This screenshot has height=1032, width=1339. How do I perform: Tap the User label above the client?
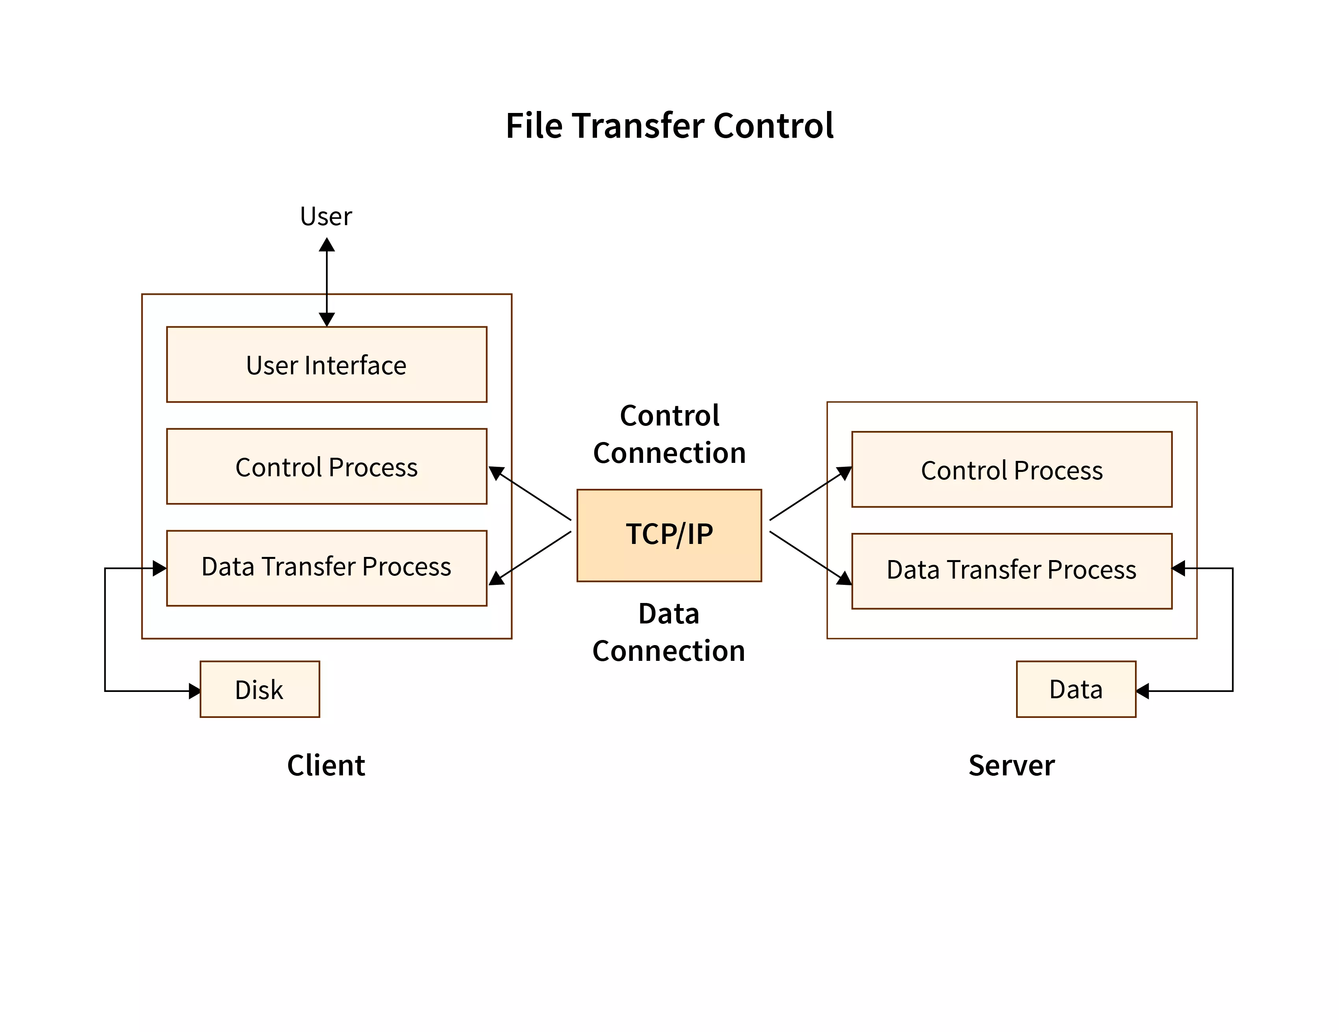[x=326, y=216]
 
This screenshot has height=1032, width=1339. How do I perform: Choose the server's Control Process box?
[x=1012, y=470]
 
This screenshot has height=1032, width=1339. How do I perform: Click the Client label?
[x=326, y=766]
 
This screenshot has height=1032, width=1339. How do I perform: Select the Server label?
[x=1012, y=766]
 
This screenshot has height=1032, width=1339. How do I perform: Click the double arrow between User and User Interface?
[x=327, y=282]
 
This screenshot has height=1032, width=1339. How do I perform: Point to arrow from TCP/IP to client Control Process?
[x=531, y=494]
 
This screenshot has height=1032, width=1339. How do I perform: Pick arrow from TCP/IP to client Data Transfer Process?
[x=531, y=558]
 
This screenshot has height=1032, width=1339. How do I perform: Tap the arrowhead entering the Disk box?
[x=195, y=691]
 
